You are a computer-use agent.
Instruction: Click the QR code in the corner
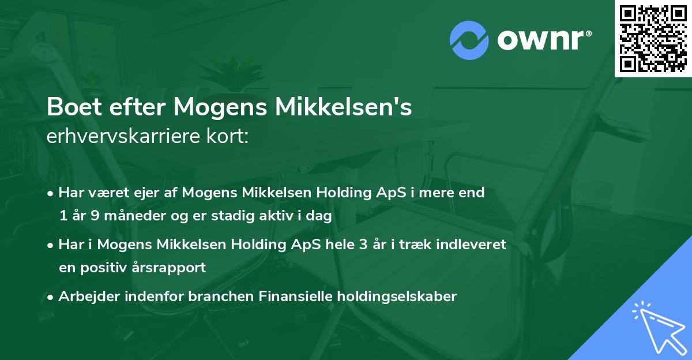click(653, 39)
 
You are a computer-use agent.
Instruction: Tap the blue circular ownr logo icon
click(469, 39)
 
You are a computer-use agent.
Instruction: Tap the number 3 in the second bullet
click(362, 245)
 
